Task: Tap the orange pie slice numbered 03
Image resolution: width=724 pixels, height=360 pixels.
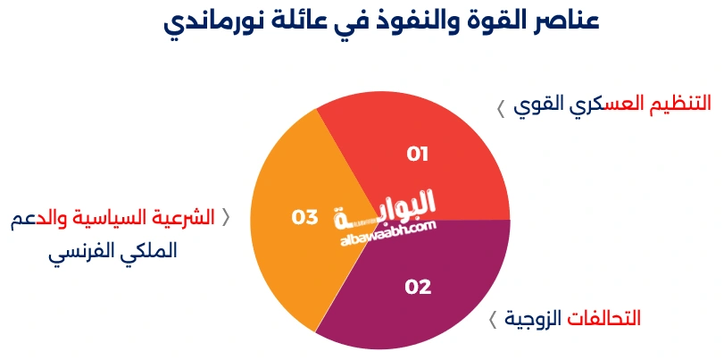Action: coord(286,241)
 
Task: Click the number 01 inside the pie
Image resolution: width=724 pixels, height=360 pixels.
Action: coord(418,155)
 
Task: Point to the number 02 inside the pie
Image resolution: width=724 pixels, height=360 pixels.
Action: coord(418,288)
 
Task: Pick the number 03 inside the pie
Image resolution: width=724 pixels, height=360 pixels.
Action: coord(304,217)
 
